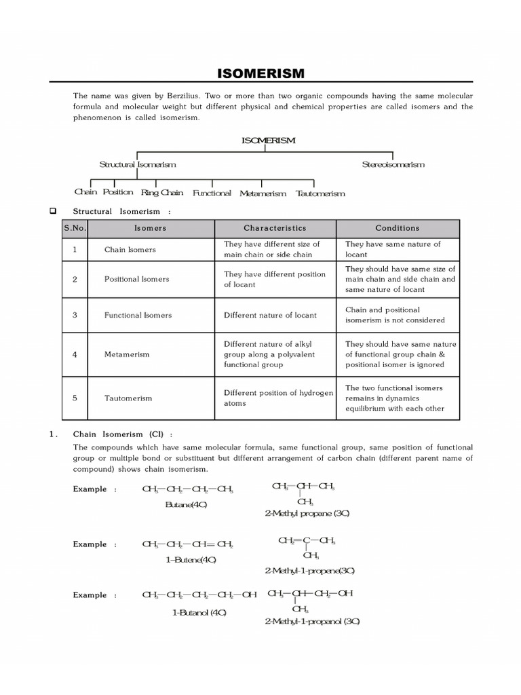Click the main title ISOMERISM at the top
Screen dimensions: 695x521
260,73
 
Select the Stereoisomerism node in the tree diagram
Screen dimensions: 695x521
393,165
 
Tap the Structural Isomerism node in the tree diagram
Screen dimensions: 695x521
138,165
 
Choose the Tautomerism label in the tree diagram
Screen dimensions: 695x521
320,193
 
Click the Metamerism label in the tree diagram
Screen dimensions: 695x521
263,193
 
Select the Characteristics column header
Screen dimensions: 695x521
275,228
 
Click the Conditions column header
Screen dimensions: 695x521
398,228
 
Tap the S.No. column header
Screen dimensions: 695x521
75,228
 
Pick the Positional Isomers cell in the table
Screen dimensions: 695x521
136,279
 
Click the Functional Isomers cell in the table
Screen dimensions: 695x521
138,315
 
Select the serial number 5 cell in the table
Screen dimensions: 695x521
75,398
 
